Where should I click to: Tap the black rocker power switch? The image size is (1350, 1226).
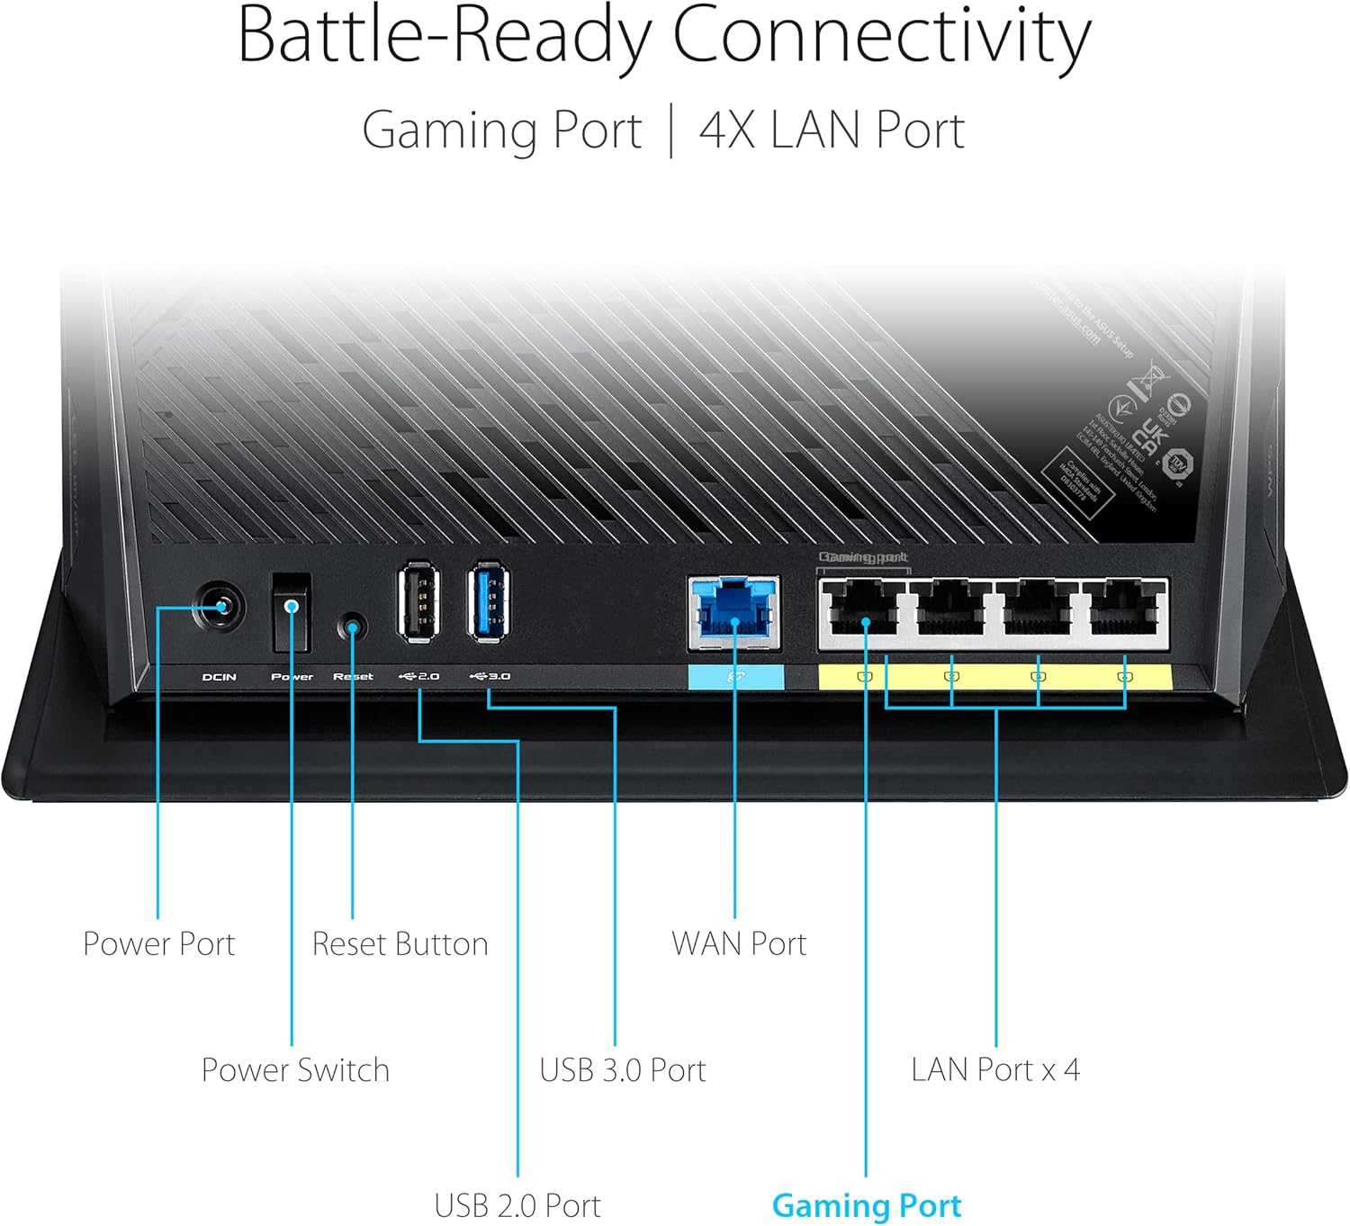292,612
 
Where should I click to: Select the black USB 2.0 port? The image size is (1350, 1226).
419,601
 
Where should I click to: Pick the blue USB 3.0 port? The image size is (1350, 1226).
490,601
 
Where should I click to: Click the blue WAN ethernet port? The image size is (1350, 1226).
734,610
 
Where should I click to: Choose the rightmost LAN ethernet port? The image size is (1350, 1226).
1124,610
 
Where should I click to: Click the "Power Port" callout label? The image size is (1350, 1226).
158,943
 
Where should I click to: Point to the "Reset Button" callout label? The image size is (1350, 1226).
400,943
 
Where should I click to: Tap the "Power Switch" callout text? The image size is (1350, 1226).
295,1069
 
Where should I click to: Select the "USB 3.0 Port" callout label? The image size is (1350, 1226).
623,1069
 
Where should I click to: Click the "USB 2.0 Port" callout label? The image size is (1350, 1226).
517,1205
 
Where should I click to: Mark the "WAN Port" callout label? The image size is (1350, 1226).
739,943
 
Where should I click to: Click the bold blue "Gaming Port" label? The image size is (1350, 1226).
867,1205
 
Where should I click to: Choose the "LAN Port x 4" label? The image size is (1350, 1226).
995,1069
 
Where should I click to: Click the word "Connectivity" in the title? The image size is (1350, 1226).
882,36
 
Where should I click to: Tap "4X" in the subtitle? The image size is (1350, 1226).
727,130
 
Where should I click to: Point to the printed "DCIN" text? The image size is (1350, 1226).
220,677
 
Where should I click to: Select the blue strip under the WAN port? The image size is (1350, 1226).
735,678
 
